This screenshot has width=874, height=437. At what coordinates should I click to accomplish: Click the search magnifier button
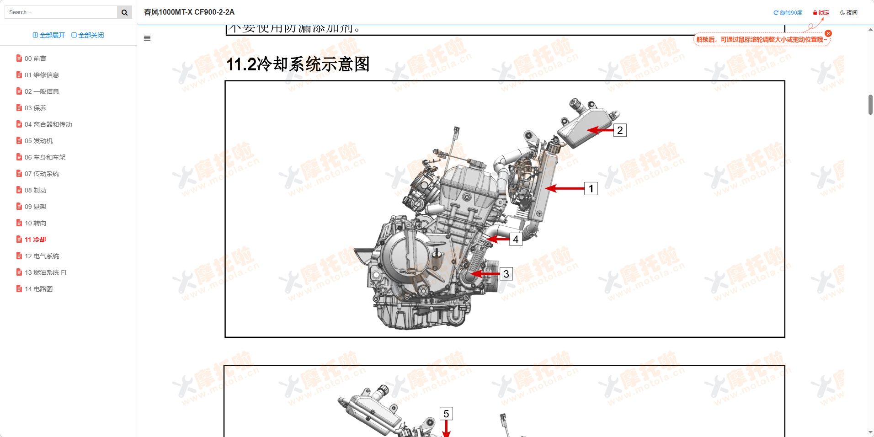pos(124,12)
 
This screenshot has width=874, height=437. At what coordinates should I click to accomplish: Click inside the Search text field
pos(61,12)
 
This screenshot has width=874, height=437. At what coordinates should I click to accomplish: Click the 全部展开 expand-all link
pos(49,35)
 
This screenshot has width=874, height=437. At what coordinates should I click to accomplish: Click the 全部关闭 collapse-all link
pos(88,35)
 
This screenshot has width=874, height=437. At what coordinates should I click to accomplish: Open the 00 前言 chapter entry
pos(35,59)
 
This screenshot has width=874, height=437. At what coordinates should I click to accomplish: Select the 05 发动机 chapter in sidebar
pos(38,141)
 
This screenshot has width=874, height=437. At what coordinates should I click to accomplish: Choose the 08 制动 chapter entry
pos(35,190)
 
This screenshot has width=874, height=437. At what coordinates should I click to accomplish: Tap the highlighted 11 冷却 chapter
pos(35,240)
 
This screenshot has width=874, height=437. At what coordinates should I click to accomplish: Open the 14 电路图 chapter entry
pos(38,289)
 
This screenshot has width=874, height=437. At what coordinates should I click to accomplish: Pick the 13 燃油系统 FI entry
pos(45,272)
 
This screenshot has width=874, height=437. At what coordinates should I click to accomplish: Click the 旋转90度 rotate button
pos(788,13)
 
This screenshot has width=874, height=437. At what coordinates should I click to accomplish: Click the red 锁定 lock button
pos(821,13)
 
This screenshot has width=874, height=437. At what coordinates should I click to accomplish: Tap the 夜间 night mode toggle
pos(849,13)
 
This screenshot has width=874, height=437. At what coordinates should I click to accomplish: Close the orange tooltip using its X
pos(828,33)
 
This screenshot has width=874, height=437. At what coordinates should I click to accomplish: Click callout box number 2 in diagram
pos(620,130)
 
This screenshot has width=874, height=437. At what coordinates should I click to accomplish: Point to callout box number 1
pos(591,188)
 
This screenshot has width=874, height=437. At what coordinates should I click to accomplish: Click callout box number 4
pos(516,239)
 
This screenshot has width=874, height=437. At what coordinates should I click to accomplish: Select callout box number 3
pos(506,274)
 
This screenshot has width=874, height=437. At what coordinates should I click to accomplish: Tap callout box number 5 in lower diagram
pos(446,414)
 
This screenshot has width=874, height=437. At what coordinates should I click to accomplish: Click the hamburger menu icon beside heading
pos(147,38)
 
